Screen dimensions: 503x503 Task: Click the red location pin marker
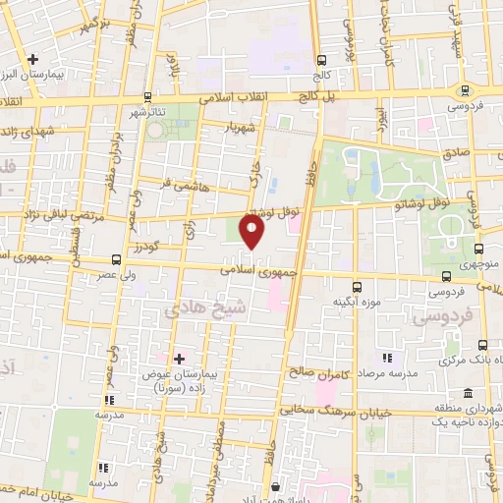coord(252,233)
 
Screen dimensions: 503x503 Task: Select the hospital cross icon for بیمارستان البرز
coord(33,59)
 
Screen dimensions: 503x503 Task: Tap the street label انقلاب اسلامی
coord(226,99)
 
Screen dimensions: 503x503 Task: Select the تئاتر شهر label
coord(152,111)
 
